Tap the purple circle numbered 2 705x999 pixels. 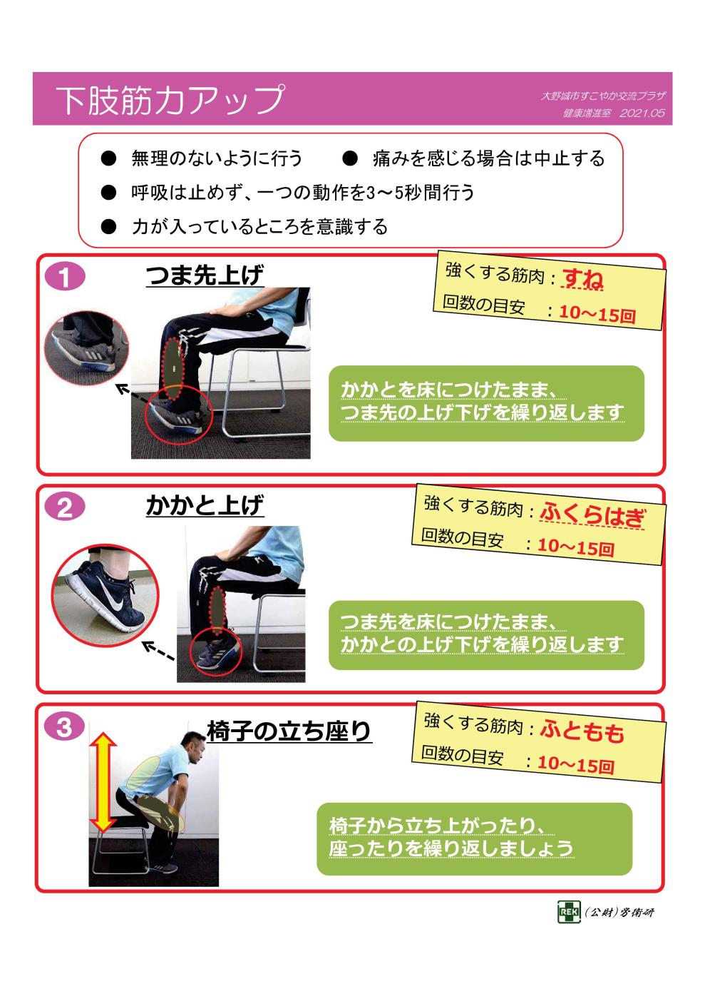coord(63,508)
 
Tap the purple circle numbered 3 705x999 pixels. coord(63,727)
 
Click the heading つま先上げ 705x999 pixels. coord(205,276)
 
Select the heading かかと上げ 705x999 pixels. coord(205,507)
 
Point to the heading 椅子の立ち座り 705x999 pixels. coord(289,731)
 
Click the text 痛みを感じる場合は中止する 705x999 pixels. coord(488,158)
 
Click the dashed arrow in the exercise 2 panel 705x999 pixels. coord(158,651)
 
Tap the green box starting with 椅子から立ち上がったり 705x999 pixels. coord(474,838)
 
